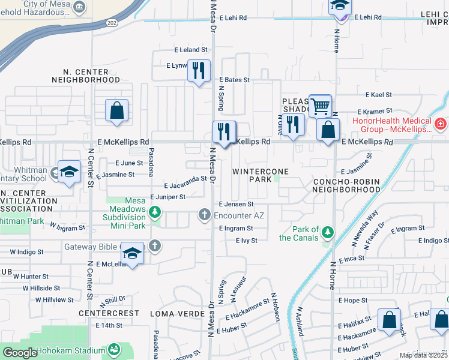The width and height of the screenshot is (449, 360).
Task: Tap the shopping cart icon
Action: point(320,106)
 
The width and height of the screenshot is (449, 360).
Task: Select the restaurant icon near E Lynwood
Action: point(198,70)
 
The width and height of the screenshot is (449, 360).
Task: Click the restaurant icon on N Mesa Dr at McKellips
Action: point(224,131)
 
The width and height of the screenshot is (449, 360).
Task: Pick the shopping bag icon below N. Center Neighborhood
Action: point(116,110)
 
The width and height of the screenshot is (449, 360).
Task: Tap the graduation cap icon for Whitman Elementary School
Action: point(69,172)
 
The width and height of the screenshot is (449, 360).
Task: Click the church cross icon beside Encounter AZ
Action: point(204,215)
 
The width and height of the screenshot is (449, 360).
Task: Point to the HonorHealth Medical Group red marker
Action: point(441,124)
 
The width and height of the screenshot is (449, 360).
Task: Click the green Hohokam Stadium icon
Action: point(113,350)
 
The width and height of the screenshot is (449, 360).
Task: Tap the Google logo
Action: point(19,353)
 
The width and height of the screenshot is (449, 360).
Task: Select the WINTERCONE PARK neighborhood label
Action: point(261,175)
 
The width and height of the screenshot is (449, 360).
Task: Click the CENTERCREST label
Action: point(109,313)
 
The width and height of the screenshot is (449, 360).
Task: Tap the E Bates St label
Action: point(234,80)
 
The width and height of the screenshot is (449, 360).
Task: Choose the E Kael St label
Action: point(379,95)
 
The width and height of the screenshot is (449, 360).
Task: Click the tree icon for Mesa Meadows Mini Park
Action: point(155,212)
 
